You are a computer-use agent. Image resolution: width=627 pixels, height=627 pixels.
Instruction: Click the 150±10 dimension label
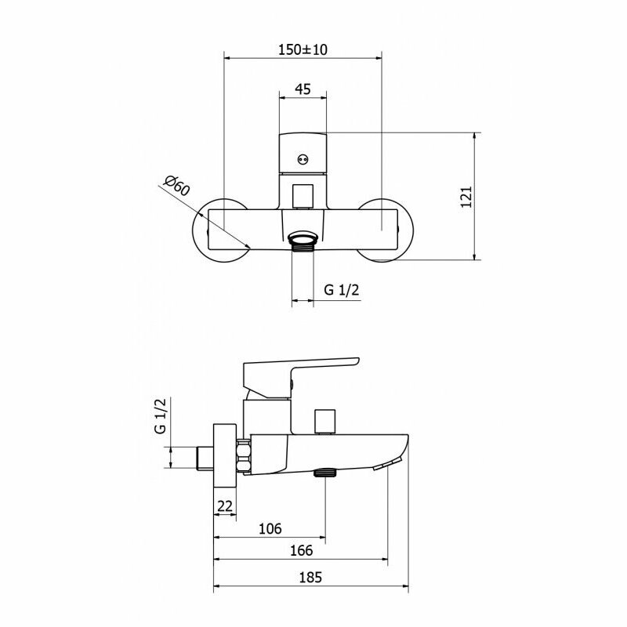[303, 49]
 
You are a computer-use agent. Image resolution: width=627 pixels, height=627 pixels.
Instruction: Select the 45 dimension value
[303, 89]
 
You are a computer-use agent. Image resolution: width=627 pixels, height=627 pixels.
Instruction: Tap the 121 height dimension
[466, 197]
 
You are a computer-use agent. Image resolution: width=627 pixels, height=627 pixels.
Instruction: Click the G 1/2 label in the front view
[342, 289]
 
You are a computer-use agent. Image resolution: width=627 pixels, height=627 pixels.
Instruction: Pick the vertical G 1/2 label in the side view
[160, 416]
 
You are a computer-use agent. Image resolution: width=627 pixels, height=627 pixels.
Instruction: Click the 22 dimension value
[225, 506]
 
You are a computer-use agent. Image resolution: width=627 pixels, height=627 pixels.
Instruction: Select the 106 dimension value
[270, 528]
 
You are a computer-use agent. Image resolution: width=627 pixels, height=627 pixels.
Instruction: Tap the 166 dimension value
[301, 551]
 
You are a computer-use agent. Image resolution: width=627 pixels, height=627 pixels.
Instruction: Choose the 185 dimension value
[310, 578]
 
